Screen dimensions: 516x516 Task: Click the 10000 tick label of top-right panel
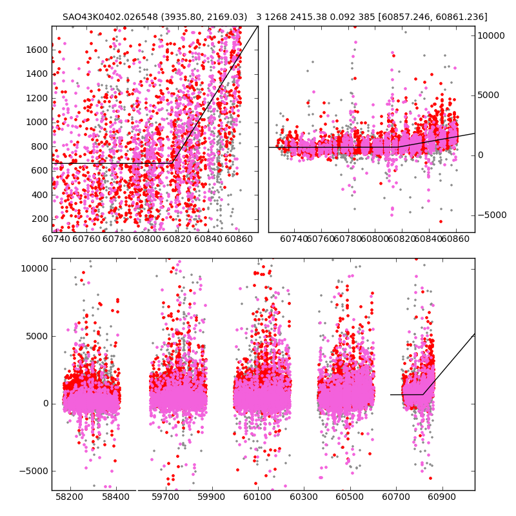[x=491, y=36]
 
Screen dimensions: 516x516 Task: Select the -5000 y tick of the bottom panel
[x=32, y=471]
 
